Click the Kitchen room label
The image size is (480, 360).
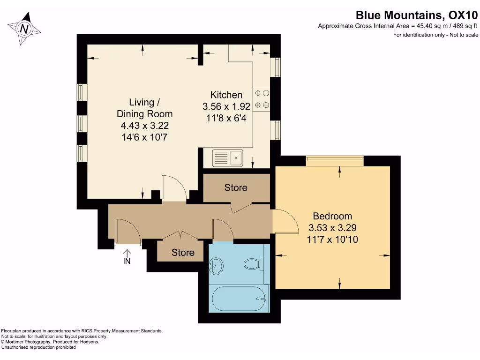pos(226,95)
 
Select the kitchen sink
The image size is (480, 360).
pos(227,158)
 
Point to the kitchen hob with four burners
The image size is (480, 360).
pos(262,99)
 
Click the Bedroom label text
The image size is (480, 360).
pos(332,216)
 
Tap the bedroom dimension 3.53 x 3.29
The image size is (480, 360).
pos(332,228)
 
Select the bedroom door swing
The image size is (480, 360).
pos(285,221)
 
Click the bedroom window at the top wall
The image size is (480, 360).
pos(335,160)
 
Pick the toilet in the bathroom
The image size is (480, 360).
pos(253,264)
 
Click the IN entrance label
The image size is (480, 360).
pos(127,261)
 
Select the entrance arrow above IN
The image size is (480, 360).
pos(127,252)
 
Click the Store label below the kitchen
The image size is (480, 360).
pos(236,187)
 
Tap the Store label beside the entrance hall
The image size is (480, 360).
pos(183,253)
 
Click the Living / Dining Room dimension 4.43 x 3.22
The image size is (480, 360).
pos(144,125)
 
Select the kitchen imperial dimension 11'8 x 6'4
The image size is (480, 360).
pos(226,118)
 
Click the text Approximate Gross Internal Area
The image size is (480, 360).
pos(366,26)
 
